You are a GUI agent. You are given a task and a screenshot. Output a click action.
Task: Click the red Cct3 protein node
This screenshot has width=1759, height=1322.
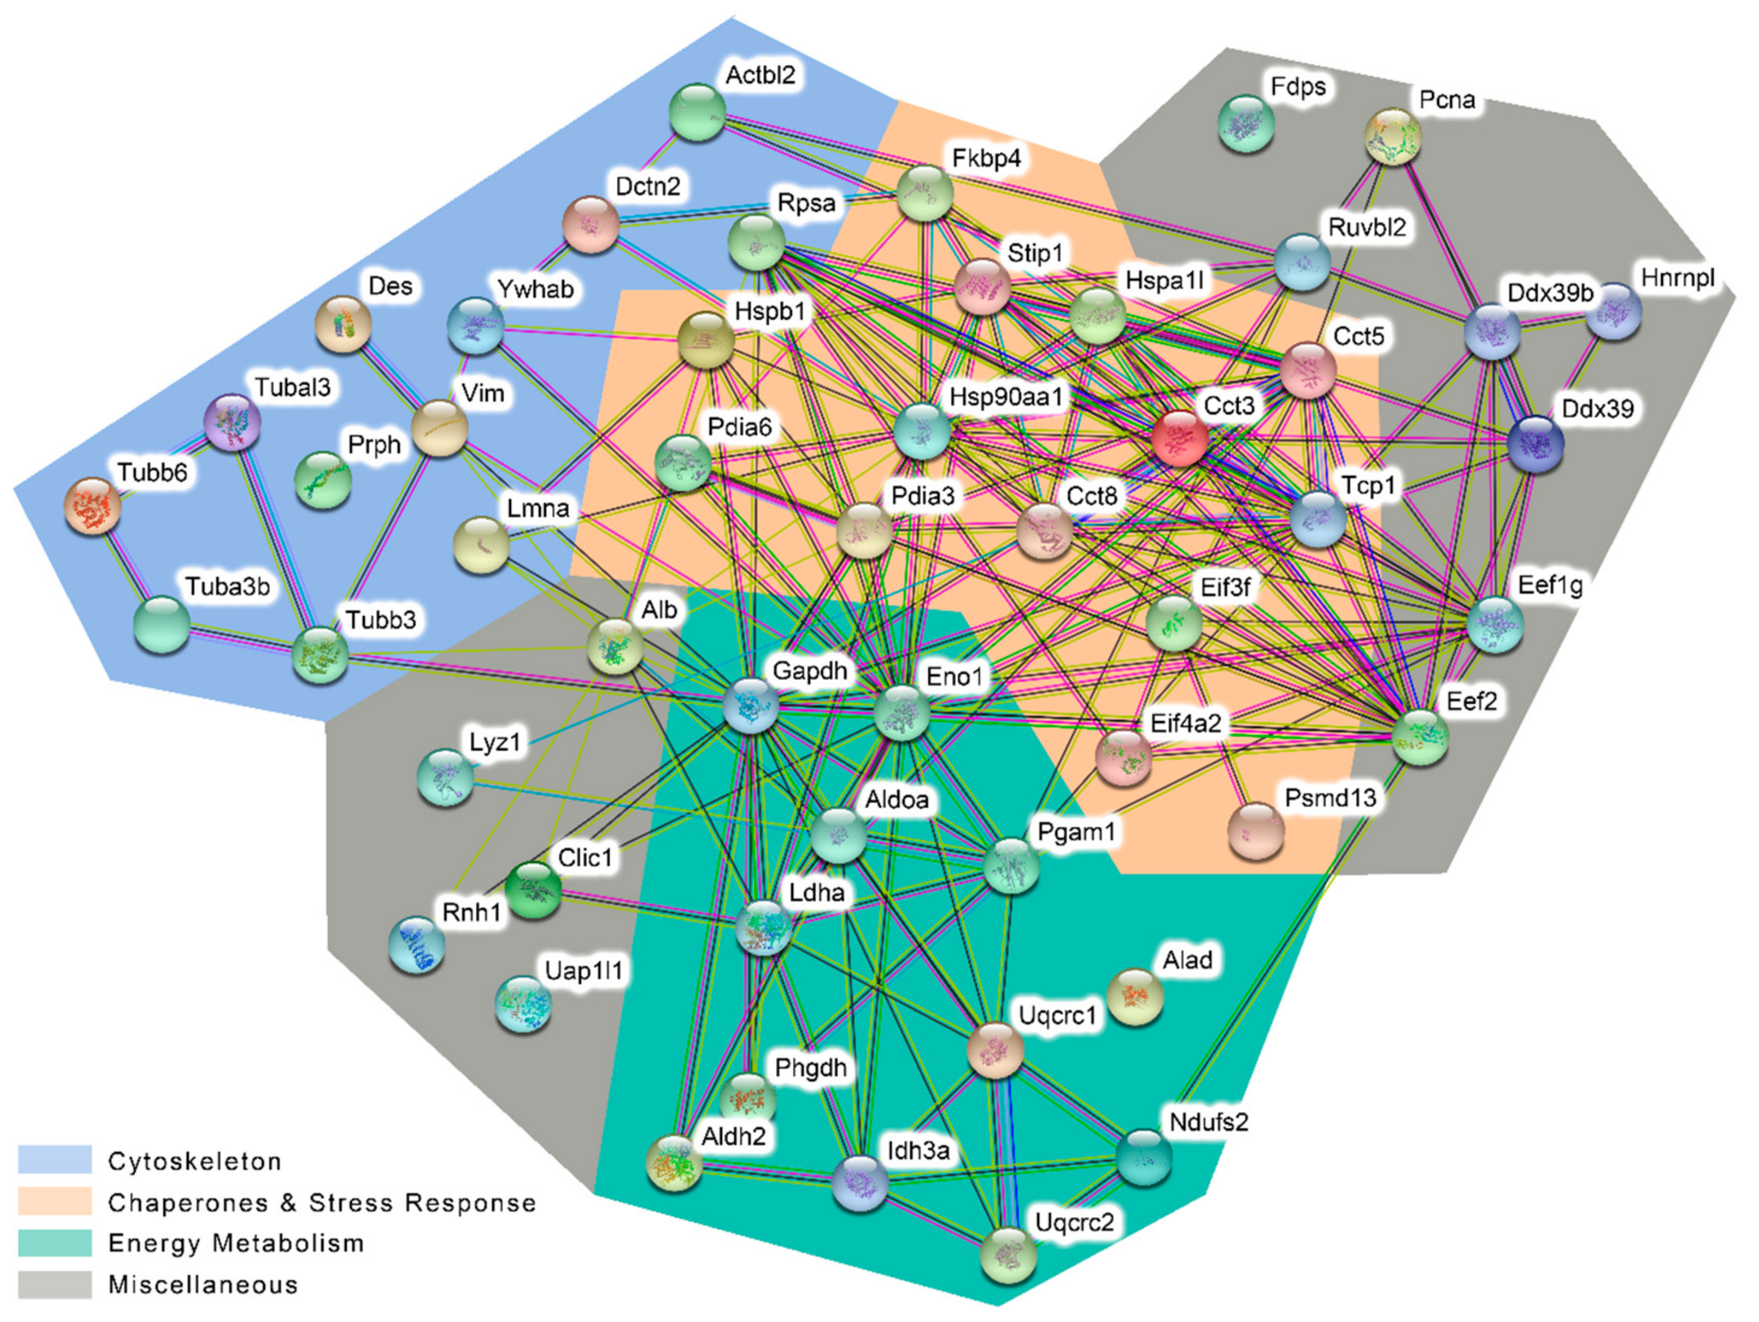tap(1179, 438)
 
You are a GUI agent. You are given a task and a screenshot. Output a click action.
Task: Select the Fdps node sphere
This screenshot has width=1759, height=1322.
tap(1246, 123)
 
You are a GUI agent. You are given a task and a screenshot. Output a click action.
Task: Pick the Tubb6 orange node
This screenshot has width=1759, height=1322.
tap(93, 506)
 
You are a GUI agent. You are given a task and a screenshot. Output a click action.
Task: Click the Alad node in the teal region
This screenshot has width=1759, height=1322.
tap(1135, 997)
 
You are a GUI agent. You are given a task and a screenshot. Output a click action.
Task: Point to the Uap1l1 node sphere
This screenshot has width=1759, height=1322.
tap(523, 1005)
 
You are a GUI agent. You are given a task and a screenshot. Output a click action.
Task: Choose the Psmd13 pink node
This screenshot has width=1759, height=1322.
tap(1256, 831)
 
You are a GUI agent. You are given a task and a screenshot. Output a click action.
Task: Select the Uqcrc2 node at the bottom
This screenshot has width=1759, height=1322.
tap(1008, 1255)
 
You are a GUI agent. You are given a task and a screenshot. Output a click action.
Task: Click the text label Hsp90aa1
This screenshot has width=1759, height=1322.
tap(1006, 397)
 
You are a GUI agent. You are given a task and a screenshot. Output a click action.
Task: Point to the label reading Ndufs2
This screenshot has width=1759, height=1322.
tap(1209, 1123)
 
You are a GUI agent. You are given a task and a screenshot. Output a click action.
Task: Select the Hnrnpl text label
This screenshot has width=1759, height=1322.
tap(1678, 279)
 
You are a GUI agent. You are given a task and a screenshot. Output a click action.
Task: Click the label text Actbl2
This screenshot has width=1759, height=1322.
tap(760, 75)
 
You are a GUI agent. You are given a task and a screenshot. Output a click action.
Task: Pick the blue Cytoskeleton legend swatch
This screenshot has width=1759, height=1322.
tap(55, 1160)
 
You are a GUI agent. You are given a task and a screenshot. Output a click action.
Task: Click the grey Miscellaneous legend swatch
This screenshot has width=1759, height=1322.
tap(55, 1284)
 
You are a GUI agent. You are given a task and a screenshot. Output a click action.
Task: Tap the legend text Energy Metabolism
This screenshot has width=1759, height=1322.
tap(236, 1242)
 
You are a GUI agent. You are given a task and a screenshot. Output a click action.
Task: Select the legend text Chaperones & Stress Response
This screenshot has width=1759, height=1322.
tap(322, 1202)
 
